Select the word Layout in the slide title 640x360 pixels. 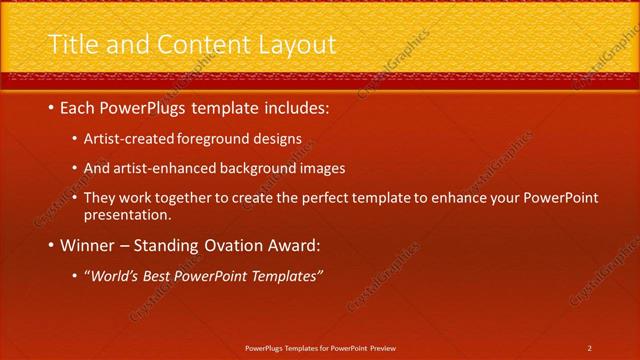(295, 45)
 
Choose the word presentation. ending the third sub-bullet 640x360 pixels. (128, 214)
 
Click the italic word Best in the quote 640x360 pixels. (162, 275)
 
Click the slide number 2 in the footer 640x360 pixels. (589, 348)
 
